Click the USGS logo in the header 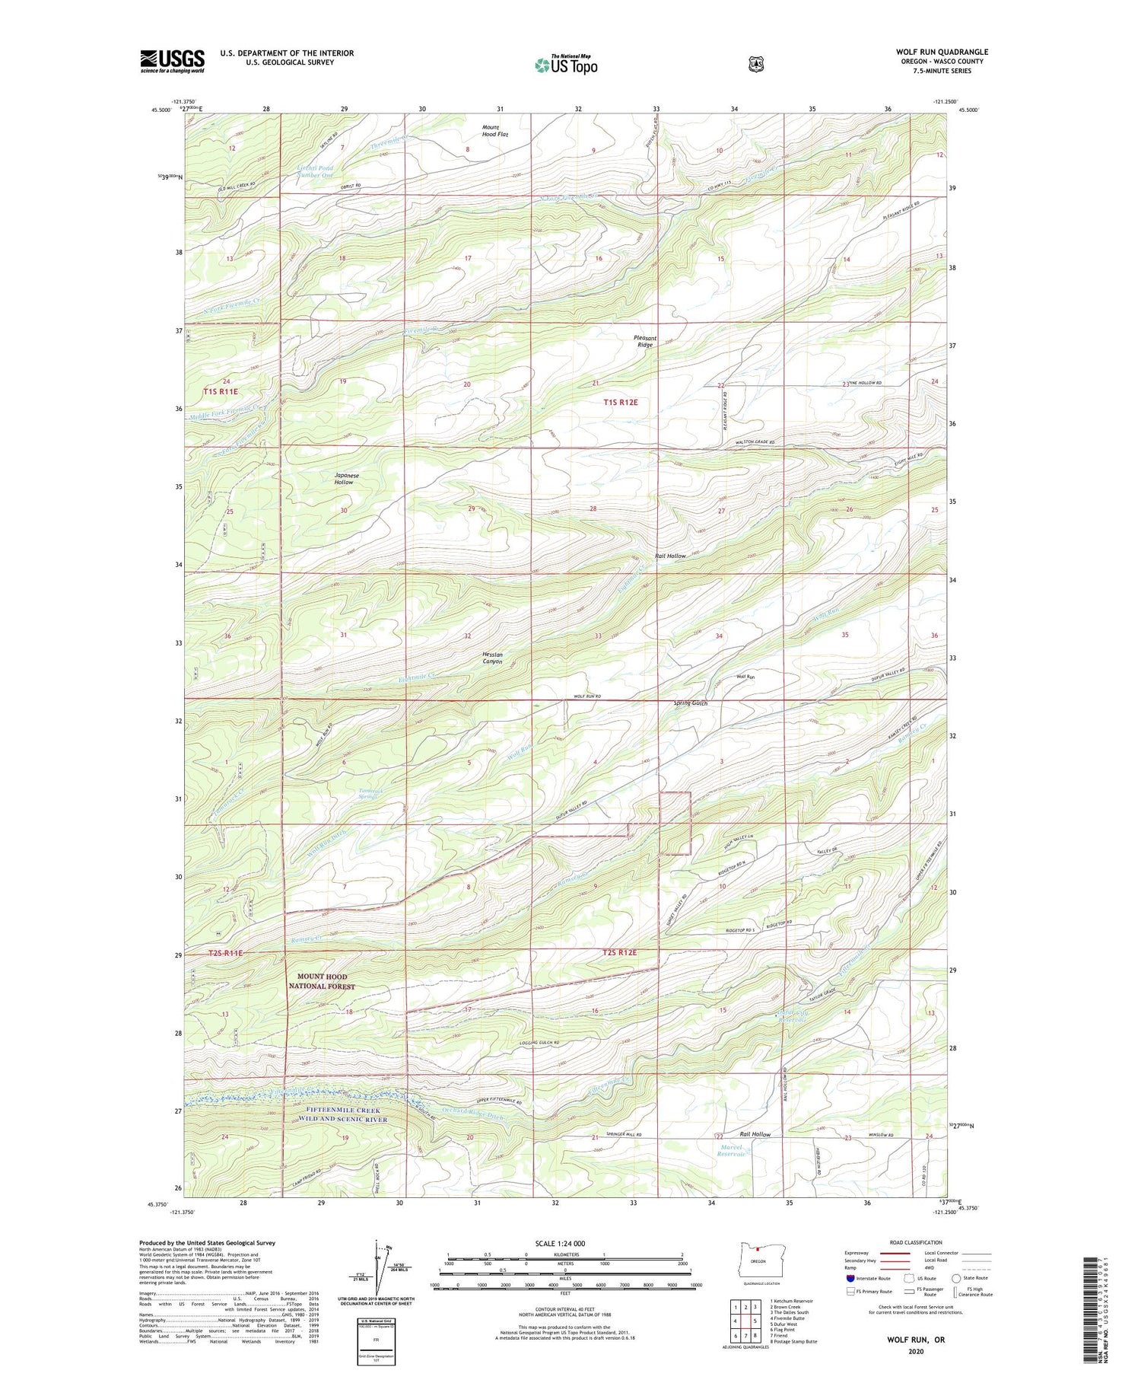(x=172, y=61)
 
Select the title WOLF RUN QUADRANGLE (x=942, y=52)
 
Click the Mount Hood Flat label (x=494, y=130)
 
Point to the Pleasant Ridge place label (x=645, y=341)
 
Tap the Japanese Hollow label (x=346, y=479)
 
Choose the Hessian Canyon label (x=492, y=658)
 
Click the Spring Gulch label (x=691, y=703)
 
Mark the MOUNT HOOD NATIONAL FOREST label (x=322, y=981)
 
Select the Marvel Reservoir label (x=731, y=1150)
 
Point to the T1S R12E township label (x=621, y=402)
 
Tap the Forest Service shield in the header (x=755, y=65)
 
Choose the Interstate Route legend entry (x=867, y=1278)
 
